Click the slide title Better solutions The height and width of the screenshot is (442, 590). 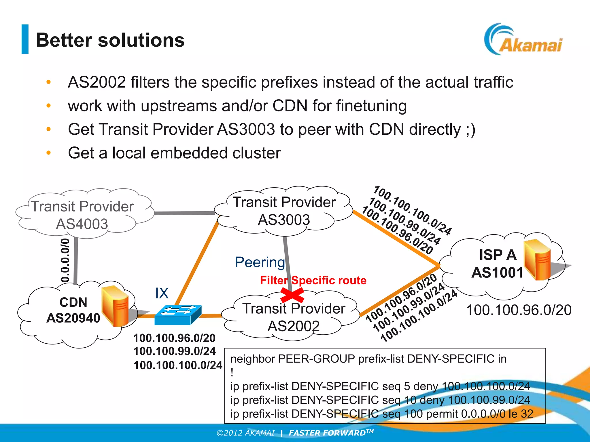[110, 40]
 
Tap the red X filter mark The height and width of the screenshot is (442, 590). [292, 295]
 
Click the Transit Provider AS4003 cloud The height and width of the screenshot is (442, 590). [82, 214]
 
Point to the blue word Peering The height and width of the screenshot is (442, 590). [260, 262]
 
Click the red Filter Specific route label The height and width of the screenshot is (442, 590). [313, 280]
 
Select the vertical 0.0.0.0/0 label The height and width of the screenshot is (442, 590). [65, 260]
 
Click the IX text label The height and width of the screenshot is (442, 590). [162, 293]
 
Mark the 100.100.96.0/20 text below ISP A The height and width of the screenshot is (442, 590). [519, 310]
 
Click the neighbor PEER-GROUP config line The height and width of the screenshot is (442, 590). [368, 359]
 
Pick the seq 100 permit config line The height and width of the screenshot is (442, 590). [381, 414]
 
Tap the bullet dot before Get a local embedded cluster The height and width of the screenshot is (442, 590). [49, 153]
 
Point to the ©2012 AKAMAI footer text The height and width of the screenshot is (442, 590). [245, 433]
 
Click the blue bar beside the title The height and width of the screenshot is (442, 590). [25, 39]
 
